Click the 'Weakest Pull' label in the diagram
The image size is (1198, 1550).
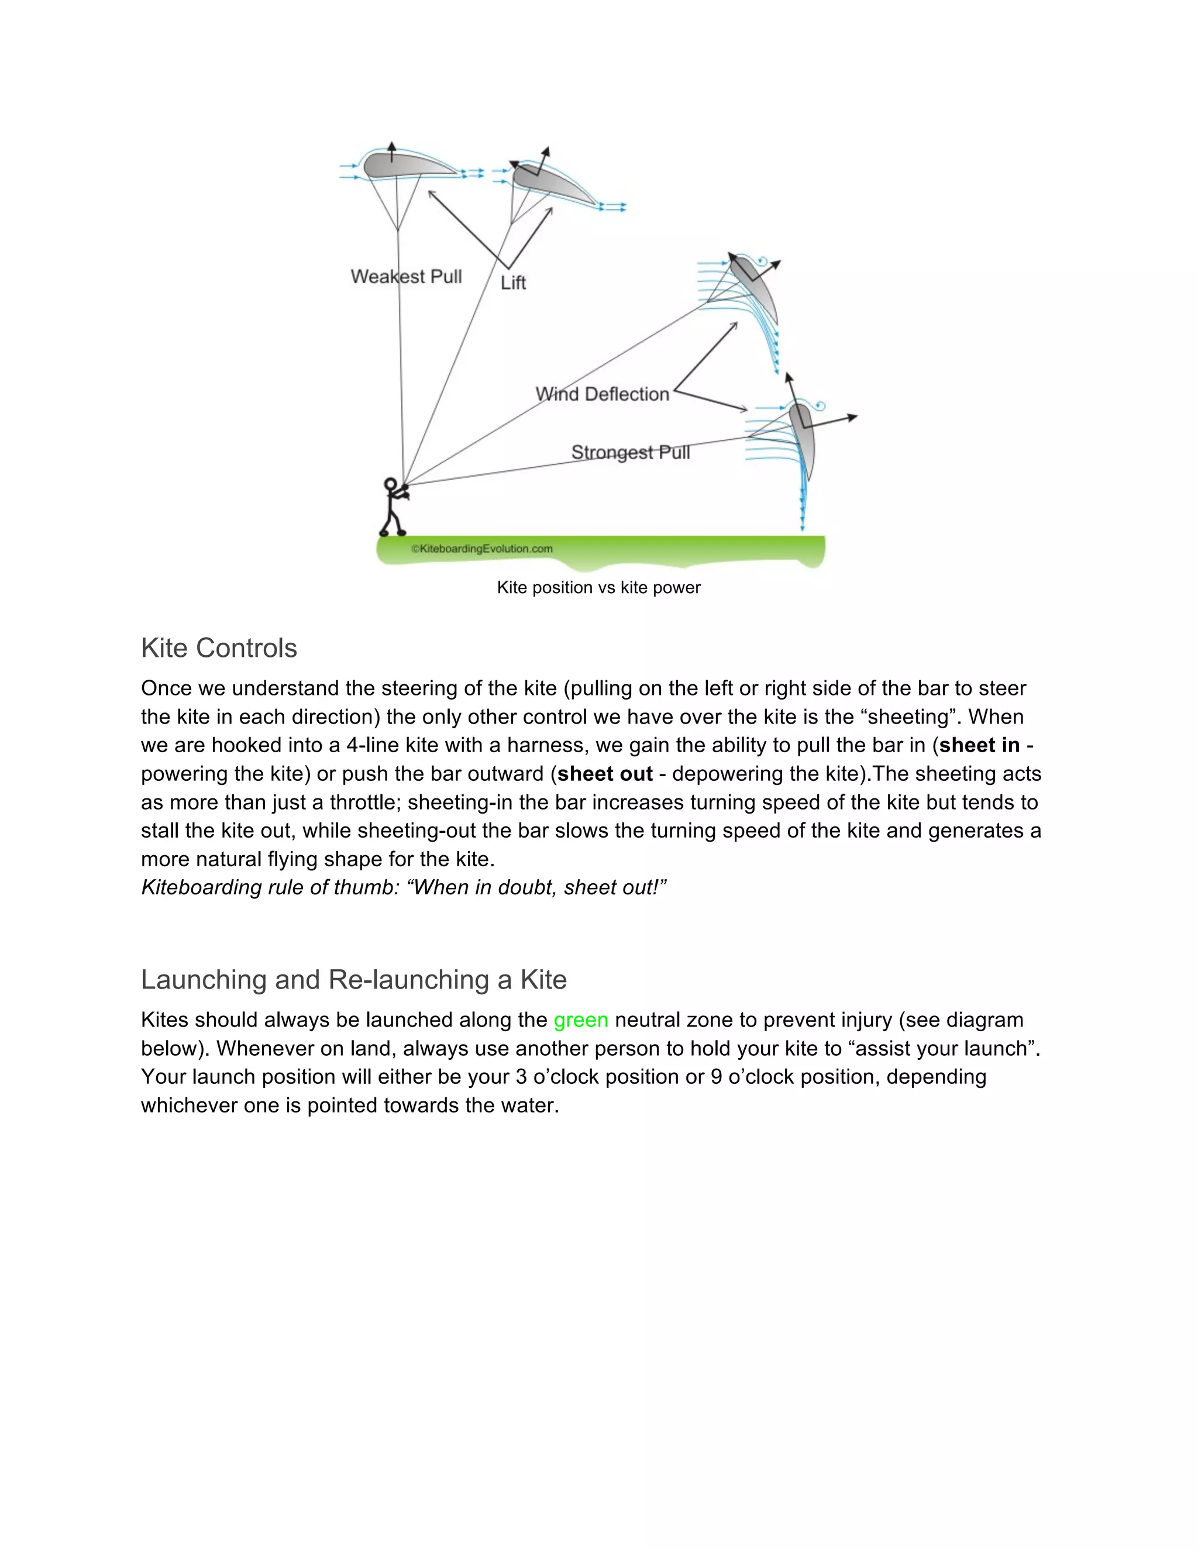(x=406, y=276)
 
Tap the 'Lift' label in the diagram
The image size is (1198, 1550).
(x=512, y=283)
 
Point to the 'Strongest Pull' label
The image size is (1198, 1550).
(x=630, y=452)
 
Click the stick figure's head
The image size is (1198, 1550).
(x=390, y=485)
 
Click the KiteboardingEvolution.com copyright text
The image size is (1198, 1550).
(x=482, y=549)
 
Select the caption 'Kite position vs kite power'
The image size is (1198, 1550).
(x=598, y=588)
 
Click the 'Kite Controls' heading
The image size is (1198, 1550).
(x=219, y=648)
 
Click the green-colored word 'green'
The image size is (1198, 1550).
(x=580, y=1020)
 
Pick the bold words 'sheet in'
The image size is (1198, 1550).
(x=979, y=745)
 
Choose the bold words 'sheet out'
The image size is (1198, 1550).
(x=605, y=774)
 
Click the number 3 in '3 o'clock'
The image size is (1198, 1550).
(x=521, y=1077)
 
